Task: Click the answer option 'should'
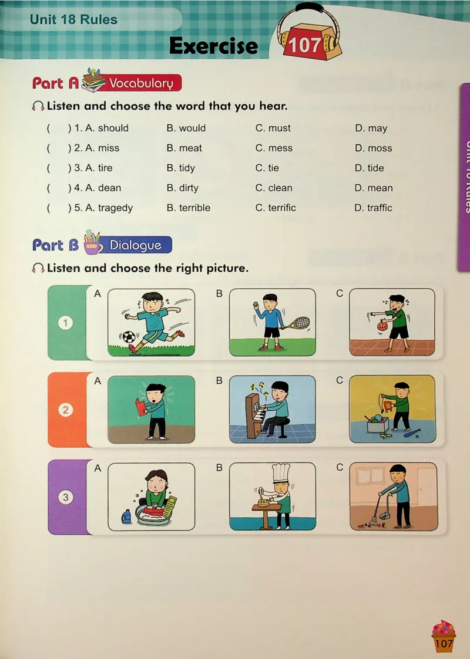pyautogui.click(x=113, y=128)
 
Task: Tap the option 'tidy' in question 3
pyautogui.click(x=187, y=168)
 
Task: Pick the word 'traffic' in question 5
pyautogui.click(x=380, y=208)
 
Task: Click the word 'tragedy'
pyautogui.click(x=115, y=208)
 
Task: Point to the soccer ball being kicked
pyautogui.click(x=129, y=337)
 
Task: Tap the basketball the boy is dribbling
pyautogui.click(x=382, y=325)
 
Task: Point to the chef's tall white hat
pyautogui.click(x=281, y=472)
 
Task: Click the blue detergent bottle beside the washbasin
pyautogui.click(x=126, y=516)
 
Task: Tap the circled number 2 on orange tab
pyautogui.click(x=65, y=410)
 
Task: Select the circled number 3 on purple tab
pyautogui.click(x=65, y=497)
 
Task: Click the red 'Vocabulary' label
pyautogui.click(x=140, y=83)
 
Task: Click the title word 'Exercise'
pyautogui.click(x=213, y=46)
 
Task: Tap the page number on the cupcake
pyautogui.click(x=444, y=643)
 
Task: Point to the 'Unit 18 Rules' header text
pyautogui.click(x=73, y=20)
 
